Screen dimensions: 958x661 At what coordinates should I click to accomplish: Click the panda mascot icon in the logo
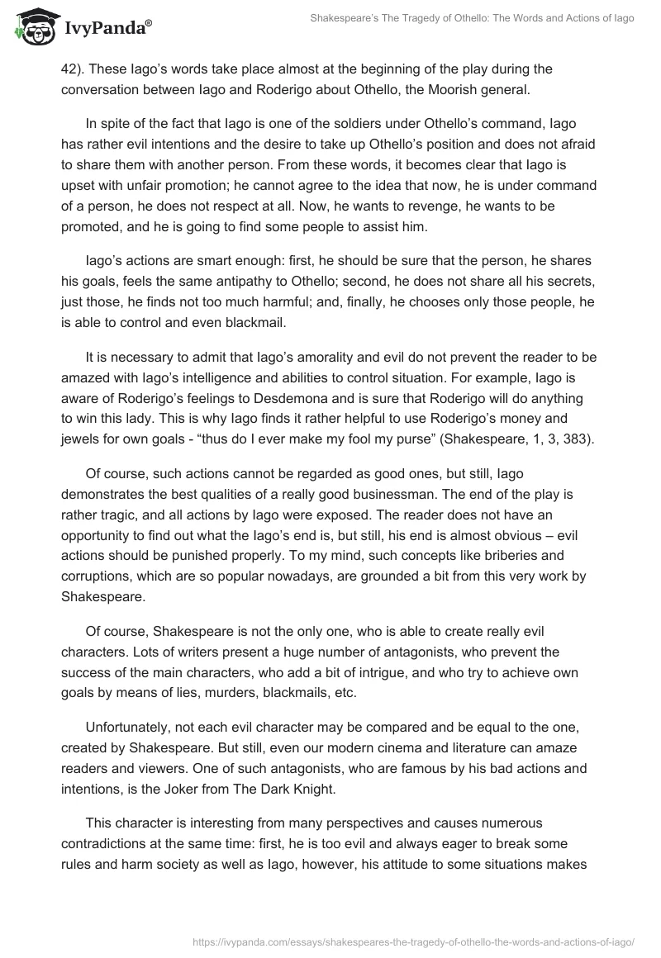point(31,26)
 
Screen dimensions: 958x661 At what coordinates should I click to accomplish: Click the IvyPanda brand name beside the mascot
point(105,27)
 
